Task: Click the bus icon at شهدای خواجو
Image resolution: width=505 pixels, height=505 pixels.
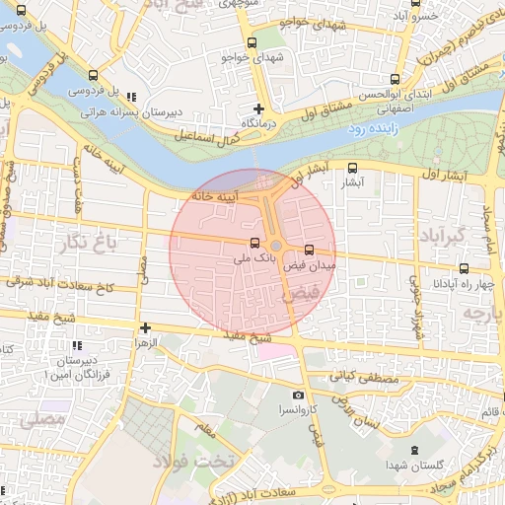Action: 252,42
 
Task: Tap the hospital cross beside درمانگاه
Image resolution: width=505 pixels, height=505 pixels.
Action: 258,108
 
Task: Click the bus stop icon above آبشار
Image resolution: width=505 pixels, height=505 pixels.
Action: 353,168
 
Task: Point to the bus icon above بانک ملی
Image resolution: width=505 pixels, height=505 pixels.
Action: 254,243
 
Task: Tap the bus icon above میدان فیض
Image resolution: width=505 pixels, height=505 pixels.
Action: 310,250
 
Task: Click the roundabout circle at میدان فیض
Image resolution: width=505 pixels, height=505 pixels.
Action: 277,245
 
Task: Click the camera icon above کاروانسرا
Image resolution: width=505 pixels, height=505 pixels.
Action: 299,395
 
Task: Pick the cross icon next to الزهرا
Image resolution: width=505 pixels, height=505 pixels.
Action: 145,327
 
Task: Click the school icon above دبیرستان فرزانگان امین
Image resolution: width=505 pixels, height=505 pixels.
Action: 76,345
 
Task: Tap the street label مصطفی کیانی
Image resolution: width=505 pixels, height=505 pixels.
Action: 361,376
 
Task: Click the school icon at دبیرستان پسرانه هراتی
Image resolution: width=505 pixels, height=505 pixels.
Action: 131,96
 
